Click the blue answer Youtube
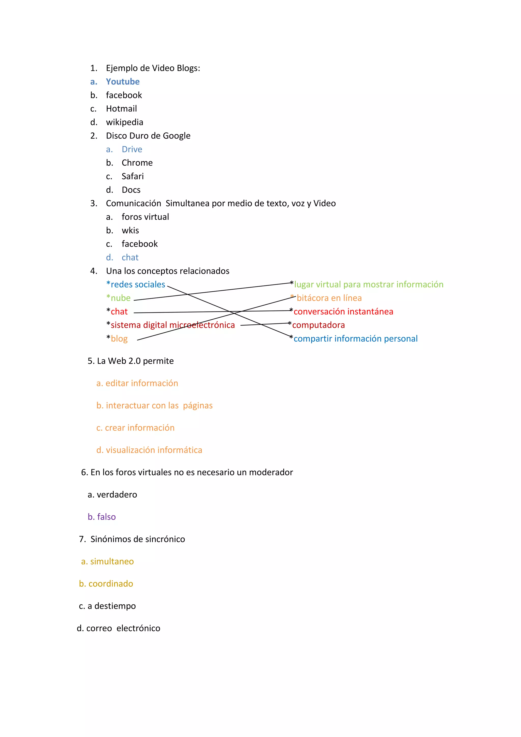point(123,82)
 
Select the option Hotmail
point(121,109)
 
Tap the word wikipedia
point(124,122)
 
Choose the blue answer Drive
point(132,149)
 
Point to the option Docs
point(131,190)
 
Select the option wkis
point(130,231)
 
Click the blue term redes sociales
point(138,285)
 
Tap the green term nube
point(121,298)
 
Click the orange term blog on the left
point(119,339)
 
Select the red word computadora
point(318,325)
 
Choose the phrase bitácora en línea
point(329,298)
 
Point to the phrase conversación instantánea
point(343,312)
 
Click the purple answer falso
point(106,517)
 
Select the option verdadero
point(117,495)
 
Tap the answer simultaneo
point(112,561)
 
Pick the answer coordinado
point(111,584)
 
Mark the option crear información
point(140,428)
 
